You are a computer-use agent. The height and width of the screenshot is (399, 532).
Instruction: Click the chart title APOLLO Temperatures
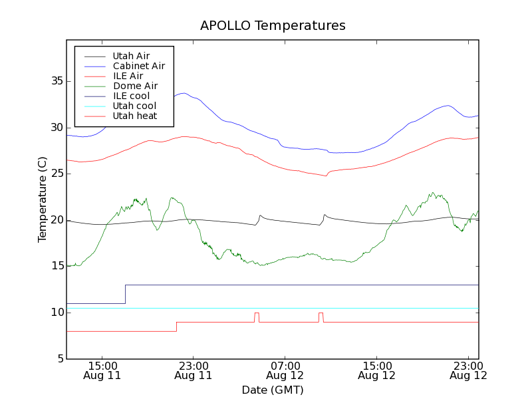coord(273,26)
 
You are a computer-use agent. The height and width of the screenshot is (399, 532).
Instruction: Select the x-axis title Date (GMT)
coord(273,390)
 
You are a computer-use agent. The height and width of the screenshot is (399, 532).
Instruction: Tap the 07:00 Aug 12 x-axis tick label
coord(285,370)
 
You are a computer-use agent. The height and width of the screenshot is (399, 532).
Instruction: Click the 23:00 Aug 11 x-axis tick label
coord(194,370)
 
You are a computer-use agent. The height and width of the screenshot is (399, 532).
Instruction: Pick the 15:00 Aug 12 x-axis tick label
coord(377,370)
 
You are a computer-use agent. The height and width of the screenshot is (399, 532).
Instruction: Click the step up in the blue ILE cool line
coord(125,294)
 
